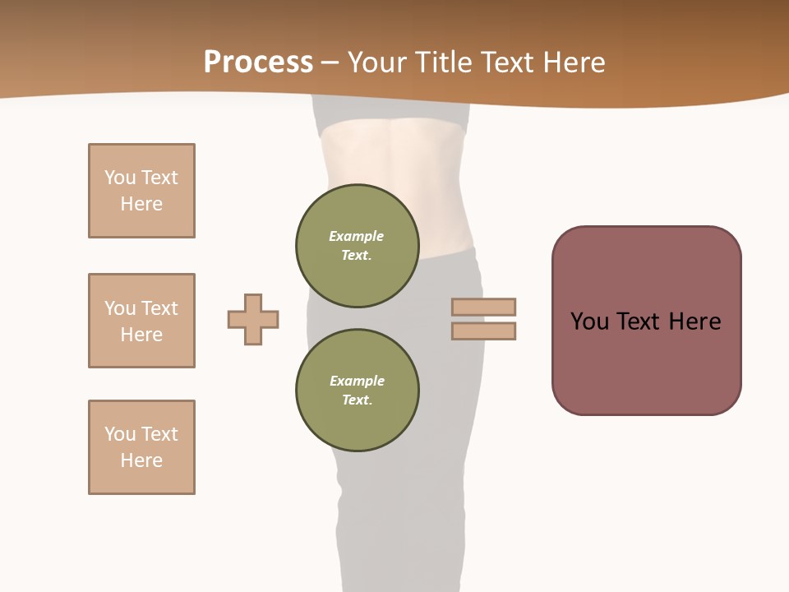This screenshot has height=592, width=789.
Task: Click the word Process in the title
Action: (x=258, y=62)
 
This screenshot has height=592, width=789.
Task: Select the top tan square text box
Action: (x=141, y=191)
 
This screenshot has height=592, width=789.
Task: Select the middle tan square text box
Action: (x=141, y=321)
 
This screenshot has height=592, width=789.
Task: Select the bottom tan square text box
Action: (x=141, y=447)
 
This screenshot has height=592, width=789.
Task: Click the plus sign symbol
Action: (x=253, y=319)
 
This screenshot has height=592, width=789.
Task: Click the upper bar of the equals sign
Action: (x=483, y=307)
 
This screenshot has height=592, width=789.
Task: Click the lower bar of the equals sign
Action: (x=483, y=331)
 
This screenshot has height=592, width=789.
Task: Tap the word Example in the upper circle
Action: (x=357, y=236)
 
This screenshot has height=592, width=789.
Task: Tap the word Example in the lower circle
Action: (x=357, y=381)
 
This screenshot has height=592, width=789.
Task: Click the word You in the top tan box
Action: (x=119, y=178)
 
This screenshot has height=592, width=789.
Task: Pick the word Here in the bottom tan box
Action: (x=141, y=460)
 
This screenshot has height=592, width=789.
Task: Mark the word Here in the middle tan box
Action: (x=141, y=335)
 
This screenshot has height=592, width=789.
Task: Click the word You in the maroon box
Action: (x=589, y=321)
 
